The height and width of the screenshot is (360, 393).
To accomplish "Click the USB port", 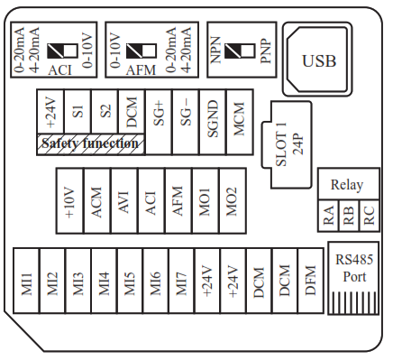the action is click(317, 59).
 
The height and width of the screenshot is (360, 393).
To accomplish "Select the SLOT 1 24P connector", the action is click(287, 145).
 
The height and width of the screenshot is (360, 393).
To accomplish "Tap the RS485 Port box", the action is click(353, 278).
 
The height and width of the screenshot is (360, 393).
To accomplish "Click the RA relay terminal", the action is click(328, 216).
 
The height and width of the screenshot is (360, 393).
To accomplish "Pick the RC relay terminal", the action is click(370, 216).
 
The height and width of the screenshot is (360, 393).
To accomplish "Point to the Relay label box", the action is click(349, 184).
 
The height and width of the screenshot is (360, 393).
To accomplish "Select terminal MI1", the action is click(26, 281).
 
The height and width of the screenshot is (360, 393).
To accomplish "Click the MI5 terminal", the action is click(130, 281).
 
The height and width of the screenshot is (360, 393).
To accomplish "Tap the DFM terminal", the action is click(311, 281).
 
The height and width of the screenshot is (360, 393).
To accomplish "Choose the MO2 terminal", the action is click(233, 200).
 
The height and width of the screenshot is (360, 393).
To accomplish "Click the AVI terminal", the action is click(124, 200).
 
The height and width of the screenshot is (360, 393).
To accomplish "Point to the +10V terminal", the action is click(69, 200).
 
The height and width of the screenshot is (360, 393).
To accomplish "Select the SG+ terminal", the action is click(159, 122).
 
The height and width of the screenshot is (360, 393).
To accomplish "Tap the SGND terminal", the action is click(213, 122).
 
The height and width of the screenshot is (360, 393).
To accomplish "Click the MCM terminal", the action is click(240, 122).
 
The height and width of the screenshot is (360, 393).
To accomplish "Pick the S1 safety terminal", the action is click(78, 111).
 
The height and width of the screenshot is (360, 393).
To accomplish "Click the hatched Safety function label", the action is click(90, 144).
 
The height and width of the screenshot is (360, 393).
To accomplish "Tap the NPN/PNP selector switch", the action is click(240, 51).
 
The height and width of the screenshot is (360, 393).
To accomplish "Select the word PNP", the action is click(266, 51).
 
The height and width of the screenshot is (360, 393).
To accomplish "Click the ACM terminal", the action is click(97, 200).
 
